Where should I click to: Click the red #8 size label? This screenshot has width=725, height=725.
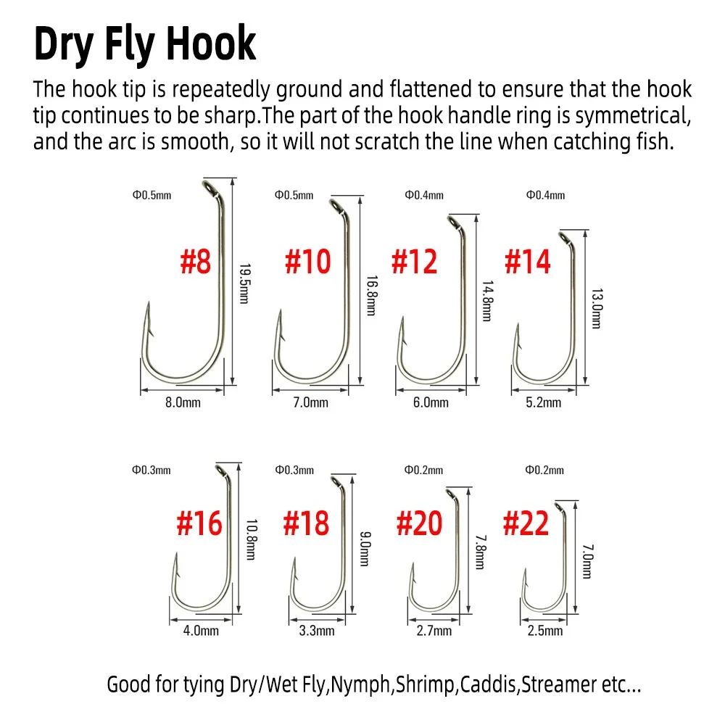[x=196, y=261]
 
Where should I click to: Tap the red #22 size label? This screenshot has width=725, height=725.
[x=526, y=523]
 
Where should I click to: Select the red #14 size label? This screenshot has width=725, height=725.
[x=528, y=262]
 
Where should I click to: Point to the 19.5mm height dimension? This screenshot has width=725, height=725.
[x=244, y=283]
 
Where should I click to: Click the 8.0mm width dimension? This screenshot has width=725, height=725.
[x=183, y=402]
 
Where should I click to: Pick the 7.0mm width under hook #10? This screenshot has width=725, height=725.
[x=311, y=402]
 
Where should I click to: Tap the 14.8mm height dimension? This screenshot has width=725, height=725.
[x=487, y=301]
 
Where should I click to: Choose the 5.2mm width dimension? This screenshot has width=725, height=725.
[x=543, y=402]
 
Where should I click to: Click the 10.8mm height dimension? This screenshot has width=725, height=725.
[x=251, y=539]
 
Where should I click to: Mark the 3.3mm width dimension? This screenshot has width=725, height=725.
[x=317, y=631]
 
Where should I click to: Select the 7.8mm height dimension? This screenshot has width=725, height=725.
[x=481, y=552]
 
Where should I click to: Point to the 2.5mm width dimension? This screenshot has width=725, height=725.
[x=545, y=631]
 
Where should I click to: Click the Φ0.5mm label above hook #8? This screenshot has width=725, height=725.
[x=152, y=195]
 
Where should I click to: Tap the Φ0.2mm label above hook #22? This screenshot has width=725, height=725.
[x=544, y=471]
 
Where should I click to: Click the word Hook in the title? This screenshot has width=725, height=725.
[x=211, y=44]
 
